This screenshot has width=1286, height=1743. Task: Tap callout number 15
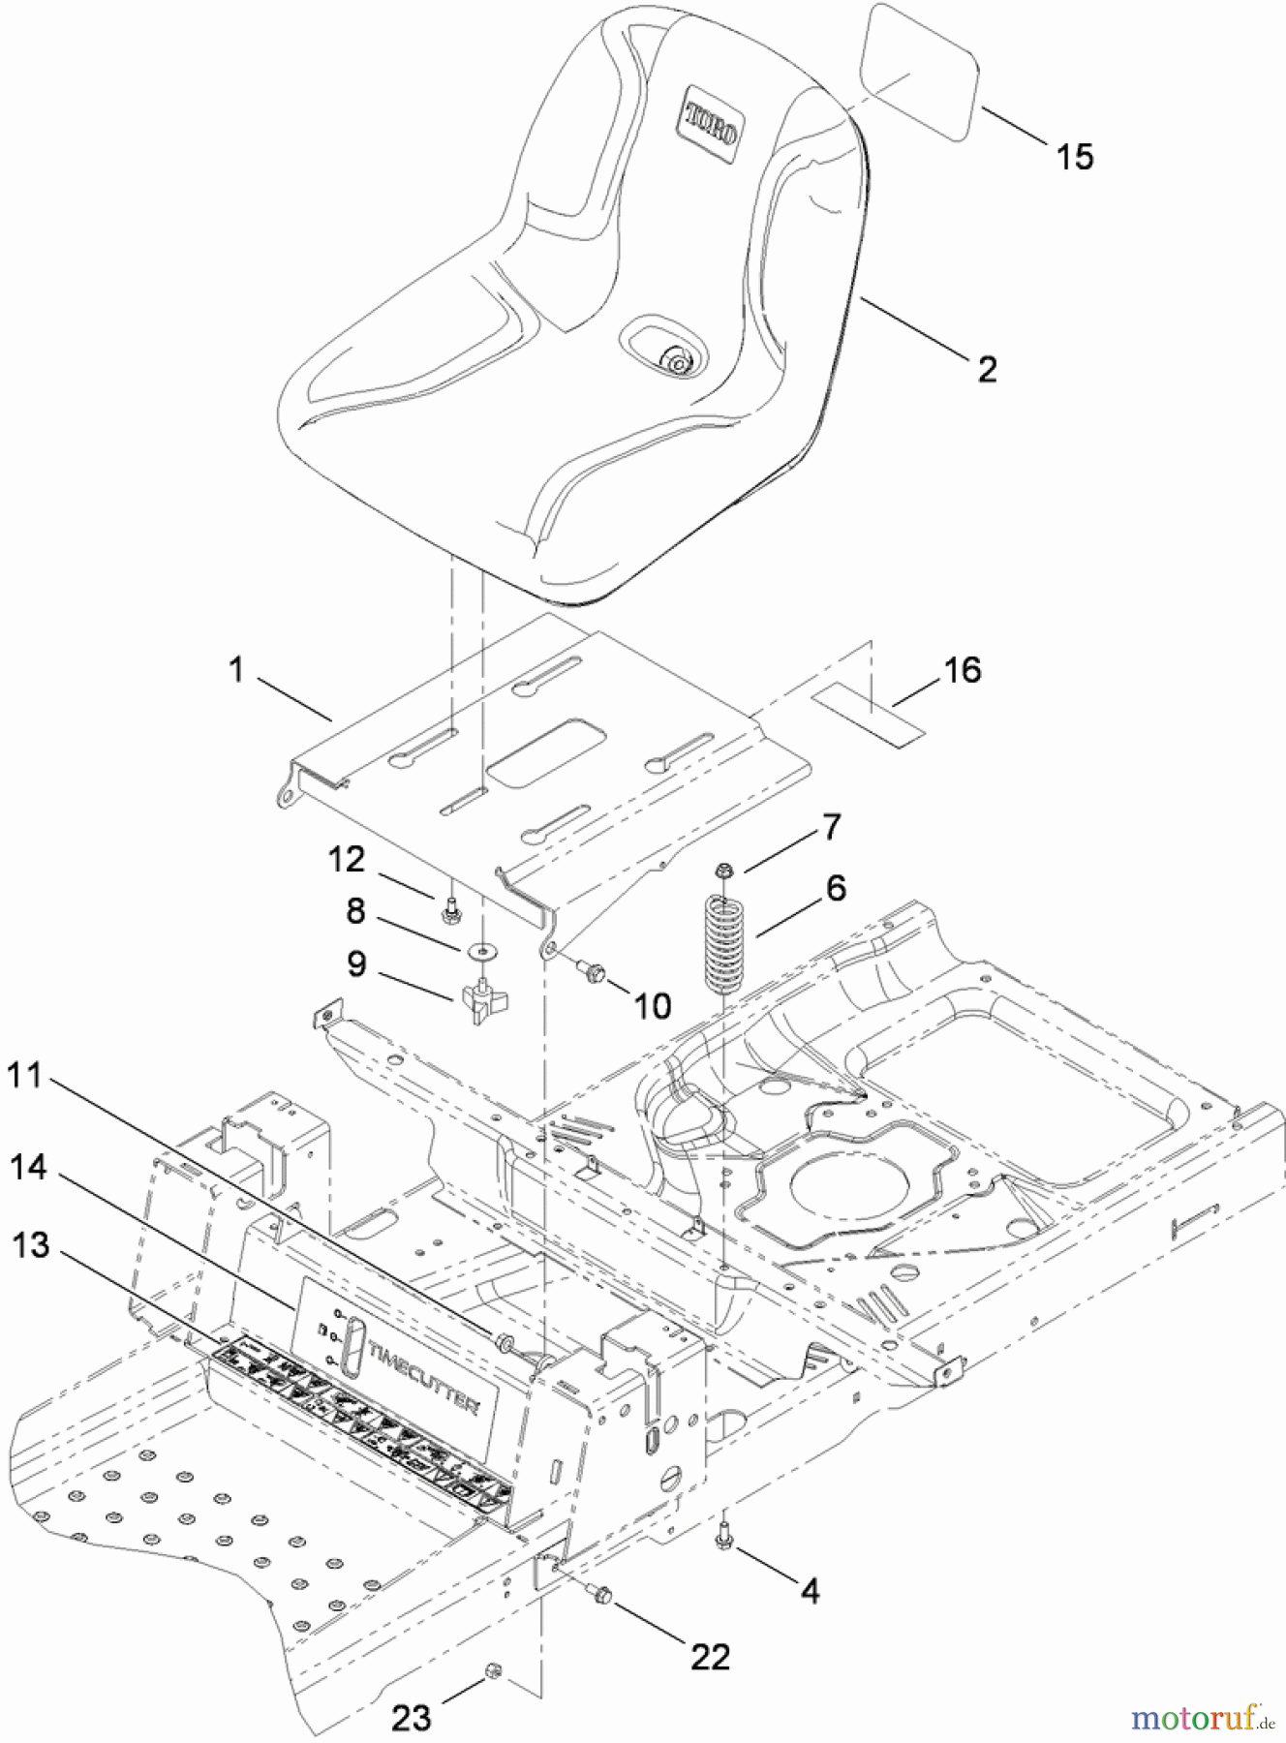point(1074,156)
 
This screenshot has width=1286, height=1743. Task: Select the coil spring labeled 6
point(721,942)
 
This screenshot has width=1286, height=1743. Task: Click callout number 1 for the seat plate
point(236,670)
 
